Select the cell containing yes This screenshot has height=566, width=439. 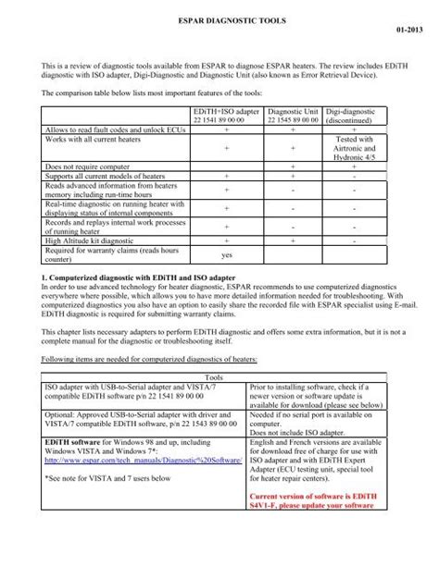click(227, 255)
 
